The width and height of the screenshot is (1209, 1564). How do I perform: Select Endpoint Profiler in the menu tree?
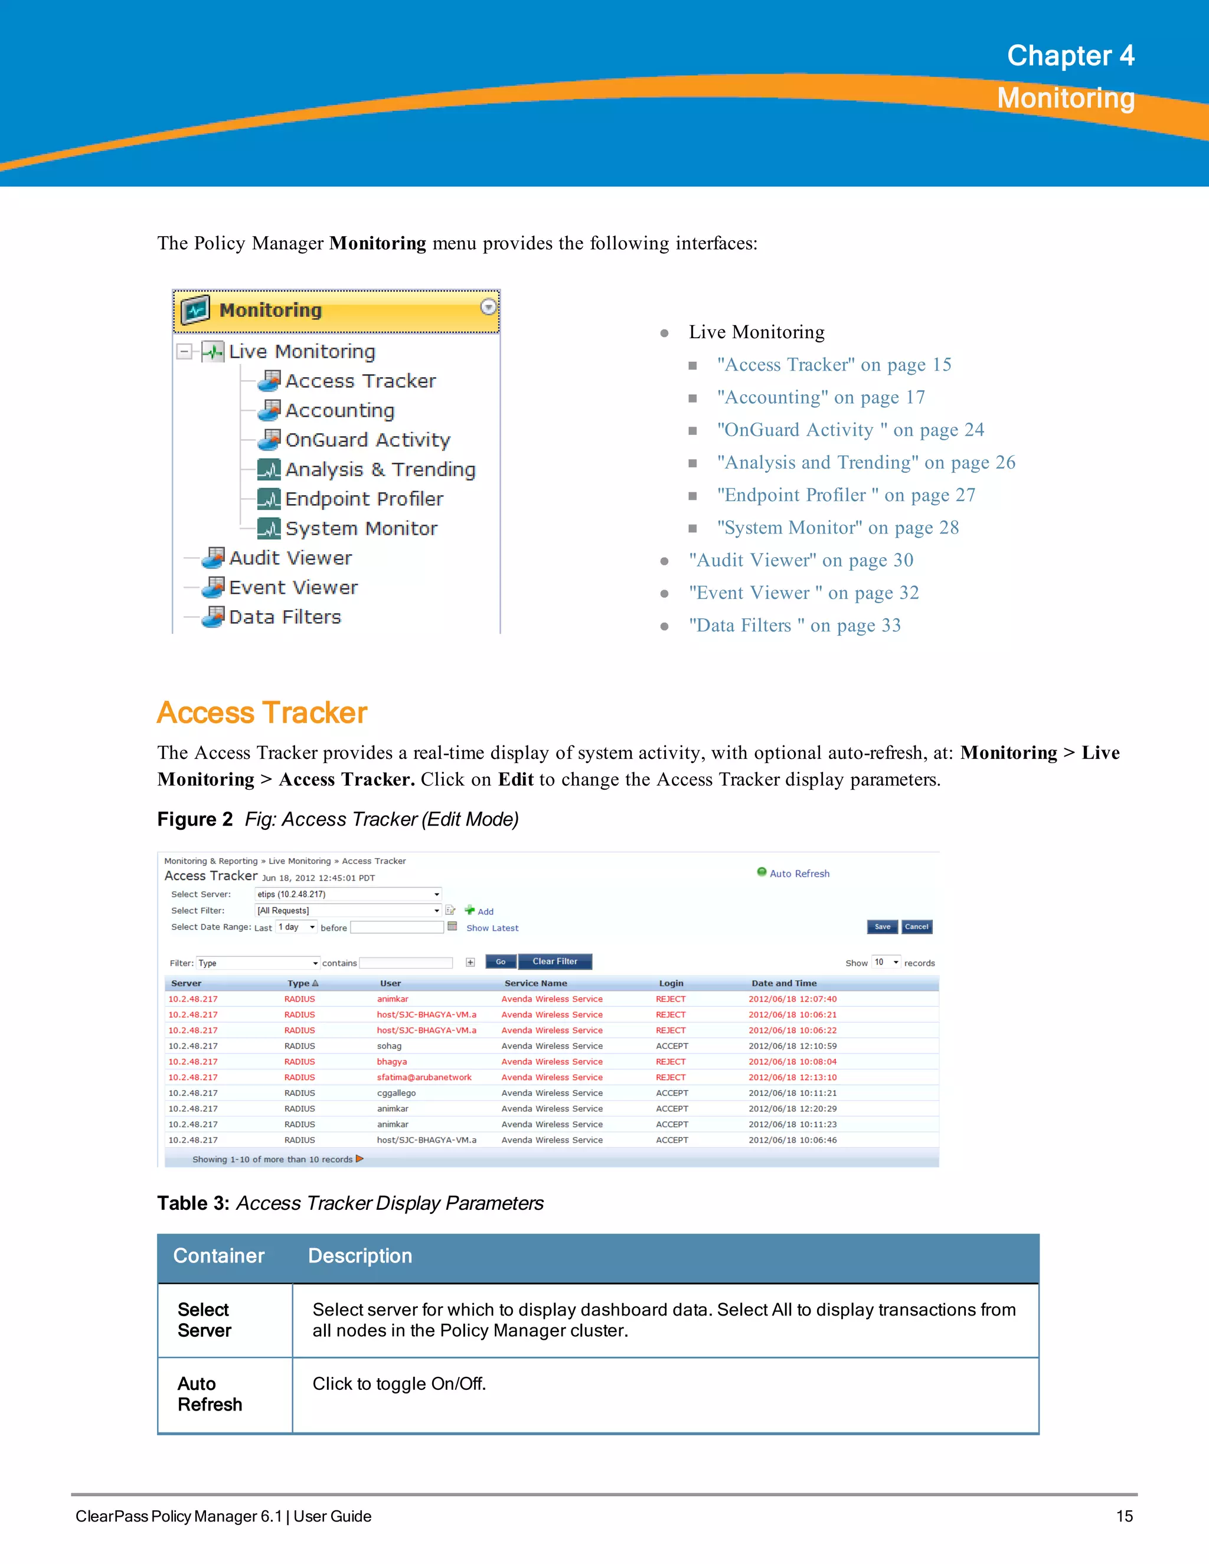pyautogui.click(x=364, y=499)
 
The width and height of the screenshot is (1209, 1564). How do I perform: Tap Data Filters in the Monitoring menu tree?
pyautogui.click(x=285, y=617)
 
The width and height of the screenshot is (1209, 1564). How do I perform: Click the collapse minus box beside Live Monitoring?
pyautogui.click(x=185, y=351)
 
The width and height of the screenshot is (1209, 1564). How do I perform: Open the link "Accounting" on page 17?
pyautogui.click(x=821, y=397)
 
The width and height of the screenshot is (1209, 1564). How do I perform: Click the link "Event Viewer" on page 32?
pyautogui.click(x=803, y=593)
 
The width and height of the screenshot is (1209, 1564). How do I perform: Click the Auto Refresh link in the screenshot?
pyautogui.click(x=799, y=873)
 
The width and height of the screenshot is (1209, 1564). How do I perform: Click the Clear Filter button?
pyautogui.click(x=554, y=962)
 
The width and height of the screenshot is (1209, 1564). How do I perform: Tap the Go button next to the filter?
pyautogui.click(x=501, y=962)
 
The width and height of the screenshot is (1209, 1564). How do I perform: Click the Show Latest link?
pyautogui.click(x=492, y=928)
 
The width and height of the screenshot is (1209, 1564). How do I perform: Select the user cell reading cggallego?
pyautogui.click(x=396, y=1093)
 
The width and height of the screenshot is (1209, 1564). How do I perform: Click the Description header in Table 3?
pyautogui.click(x=360, y=1256)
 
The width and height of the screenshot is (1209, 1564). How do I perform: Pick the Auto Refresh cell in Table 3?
pyautogui.click(x=209, y=1393)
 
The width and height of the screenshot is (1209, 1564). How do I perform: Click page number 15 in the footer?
pyautogui.click(x=1124, y=1516)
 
